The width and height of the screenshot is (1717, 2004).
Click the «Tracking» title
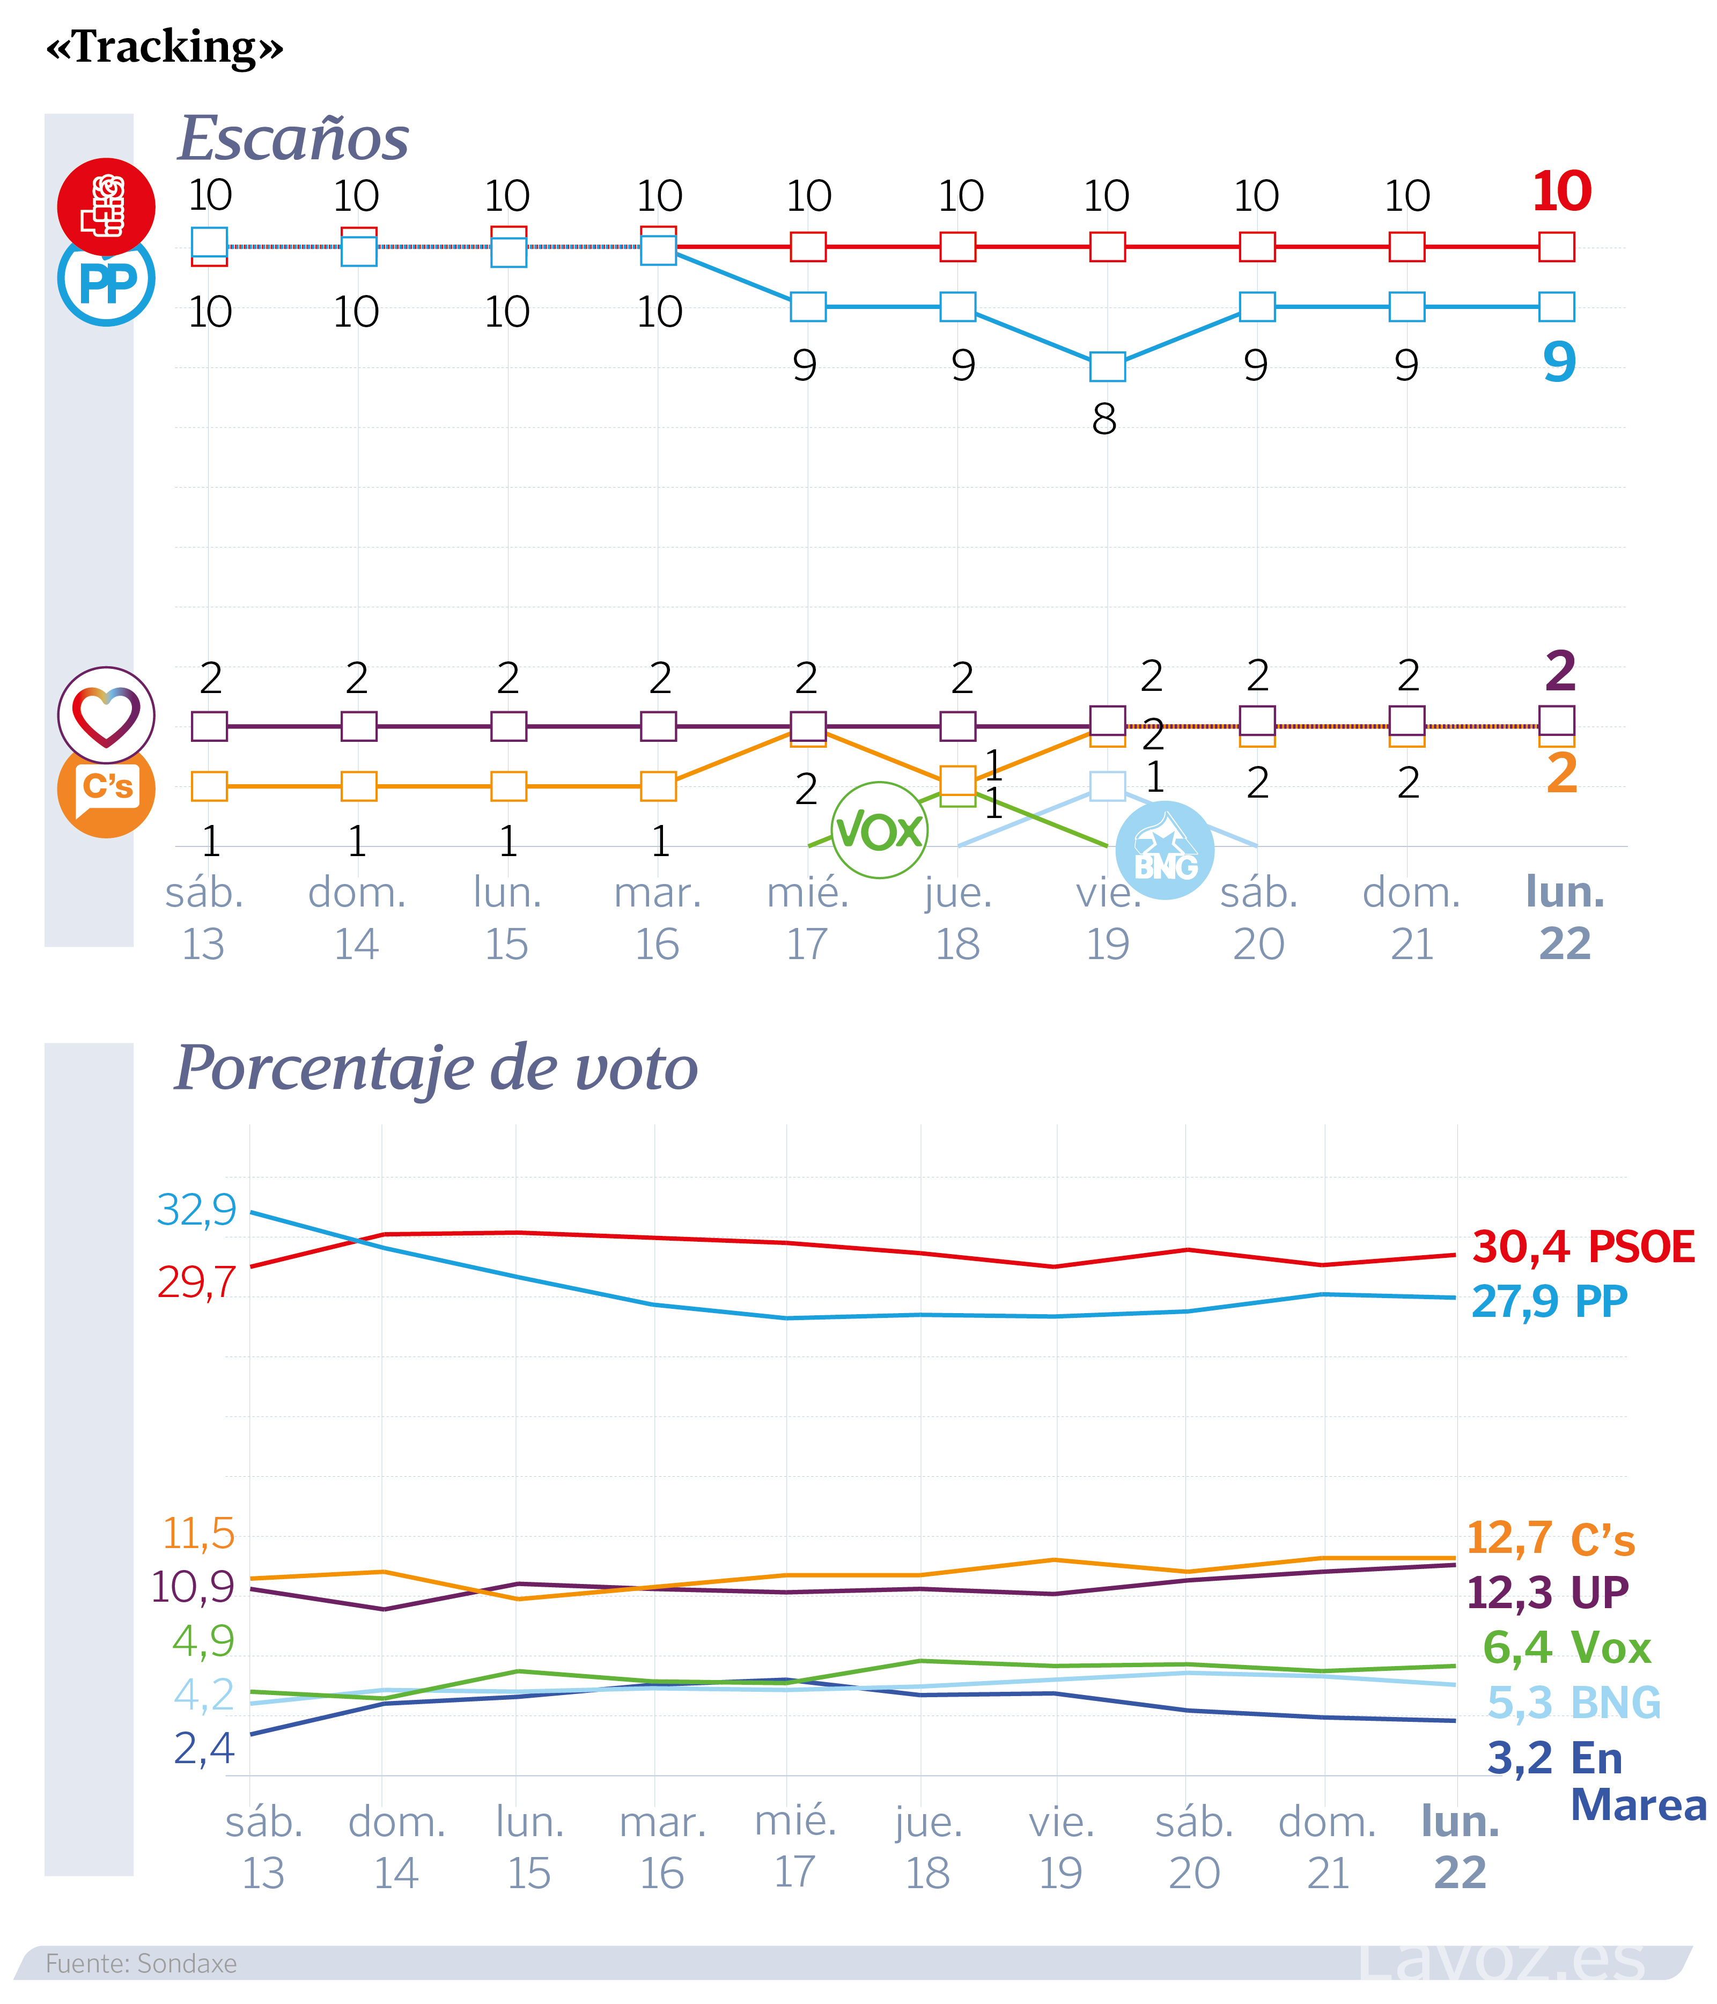point(165,47)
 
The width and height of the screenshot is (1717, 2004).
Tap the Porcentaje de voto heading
point(436,1068)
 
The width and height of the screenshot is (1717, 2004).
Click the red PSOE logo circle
point(106,205)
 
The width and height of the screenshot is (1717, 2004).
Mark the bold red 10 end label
point(1561,191)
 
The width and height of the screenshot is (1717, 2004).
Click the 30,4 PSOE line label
point(1582,1247)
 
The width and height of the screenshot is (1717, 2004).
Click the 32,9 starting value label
point(196,1209)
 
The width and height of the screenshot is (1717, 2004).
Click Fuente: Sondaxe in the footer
point(141,1963)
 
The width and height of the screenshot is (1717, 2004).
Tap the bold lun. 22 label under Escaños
point(1564,917)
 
